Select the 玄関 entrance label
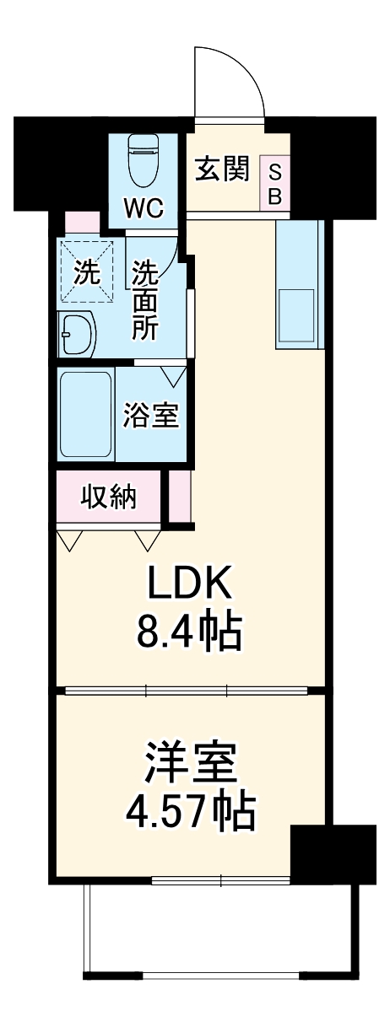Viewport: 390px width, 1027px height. coord(223,169)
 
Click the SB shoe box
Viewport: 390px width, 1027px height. coord(274,183)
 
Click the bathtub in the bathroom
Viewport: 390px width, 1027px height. coord(86,413)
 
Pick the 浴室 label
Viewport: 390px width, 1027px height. coord(152,416)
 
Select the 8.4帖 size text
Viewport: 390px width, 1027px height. coord(189,630)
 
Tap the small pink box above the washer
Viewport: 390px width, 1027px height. coord(83,223)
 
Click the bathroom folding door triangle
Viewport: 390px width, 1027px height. coord(174,374)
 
